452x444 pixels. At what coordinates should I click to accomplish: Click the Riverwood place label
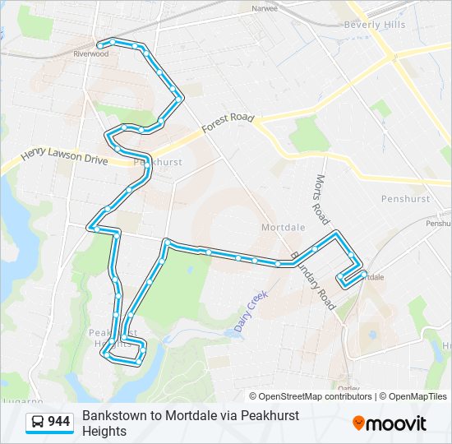[90, 53]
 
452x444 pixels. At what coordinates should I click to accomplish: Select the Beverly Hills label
[374, 25]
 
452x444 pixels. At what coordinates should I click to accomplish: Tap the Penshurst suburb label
[405, 199]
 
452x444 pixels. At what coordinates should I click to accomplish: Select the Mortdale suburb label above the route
[283, 227]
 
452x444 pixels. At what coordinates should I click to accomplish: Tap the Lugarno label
[21, 401]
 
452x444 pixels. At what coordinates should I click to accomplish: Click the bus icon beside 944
[38, 423]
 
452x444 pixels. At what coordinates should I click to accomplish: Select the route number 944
[59, 423]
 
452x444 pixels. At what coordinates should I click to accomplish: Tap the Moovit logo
[390, 423]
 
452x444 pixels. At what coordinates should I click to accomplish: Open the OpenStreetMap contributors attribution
[316, 396]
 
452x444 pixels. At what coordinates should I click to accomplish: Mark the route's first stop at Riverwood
[100, 44]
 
